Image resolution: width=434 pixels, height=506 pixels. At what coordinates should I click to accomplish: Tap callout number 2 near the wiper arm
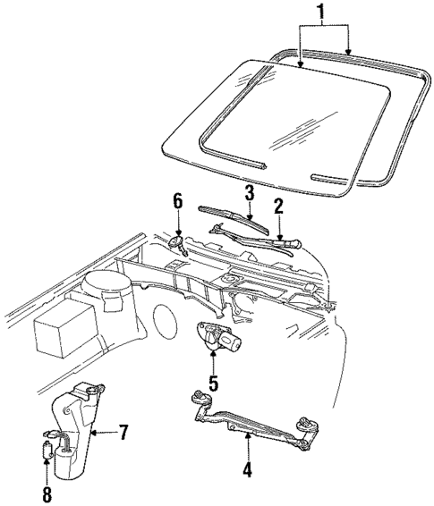point(279,207)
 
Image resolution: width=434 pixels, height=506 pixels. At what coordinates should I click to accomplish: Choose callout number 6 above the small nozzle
point(178,203)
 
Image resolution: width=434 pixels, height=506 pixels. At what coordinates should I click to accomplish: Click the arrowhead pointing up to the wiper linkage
point(247,435)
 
